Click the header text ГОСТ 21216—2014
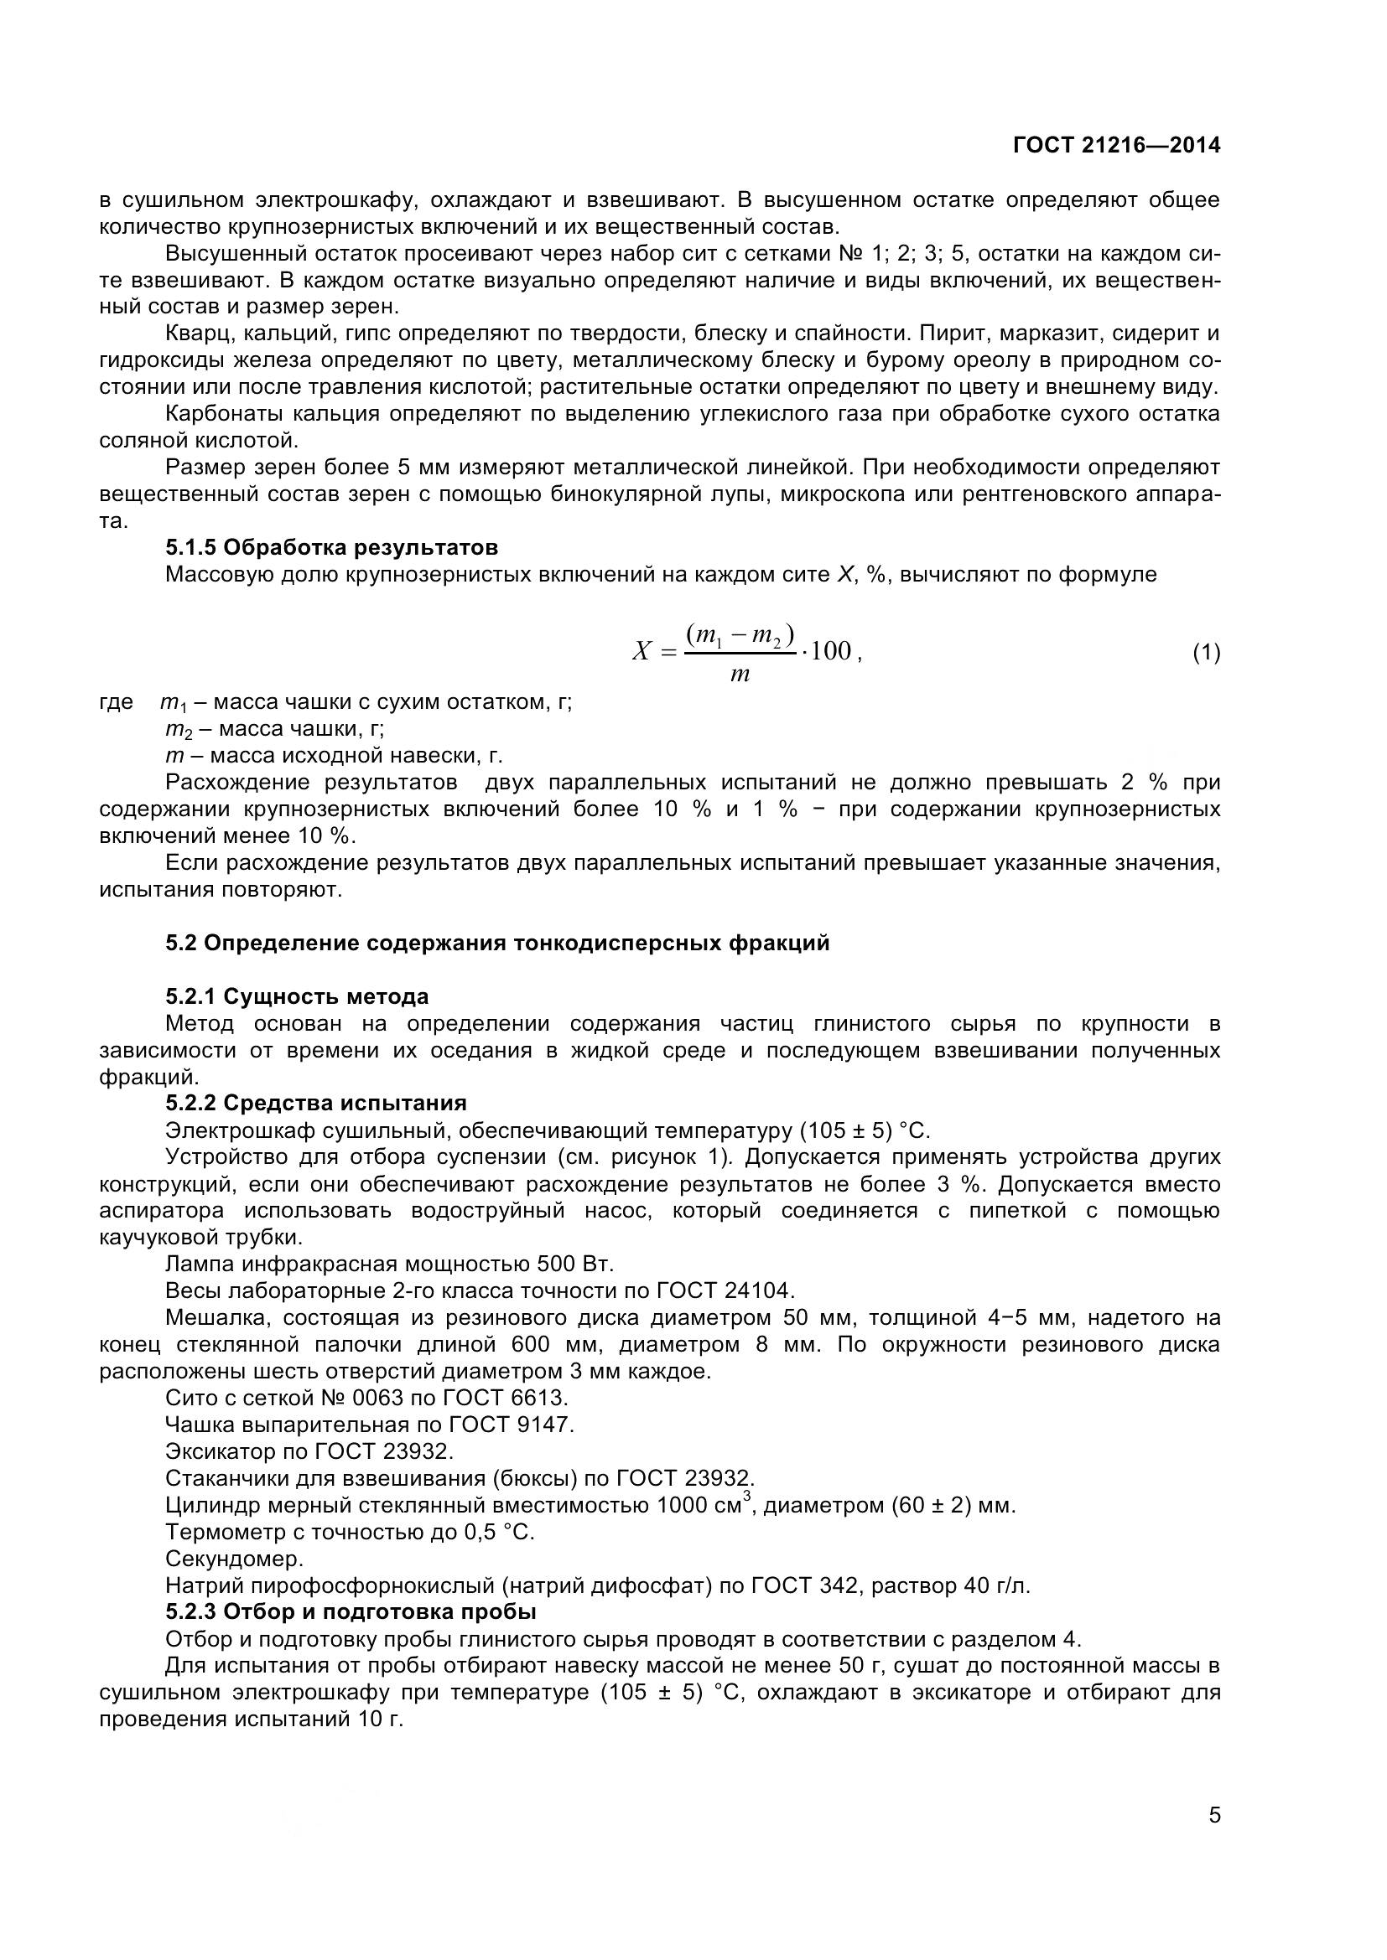click(1116, 145)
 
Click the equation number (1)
click(1206, 653)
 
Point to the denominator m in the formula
click(740, 675)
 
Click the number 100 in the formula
click(830, 651)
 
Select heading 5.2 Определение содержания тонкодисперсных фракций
click(497, 944)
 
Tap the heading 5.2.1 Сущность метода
click(296, 996)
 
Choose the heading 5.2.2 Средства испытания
click(316, 1104)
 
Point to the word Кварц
click(194, 333)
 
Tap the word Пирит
click(947, 333)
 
